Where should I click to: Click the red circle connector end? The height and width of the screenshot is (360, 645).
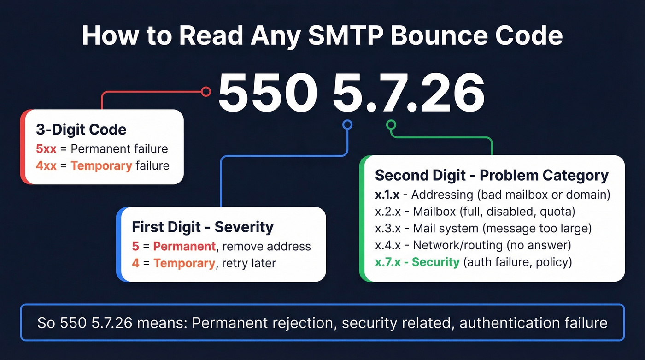206,91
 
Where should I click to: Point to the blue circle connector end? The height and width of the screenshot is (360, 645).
347,124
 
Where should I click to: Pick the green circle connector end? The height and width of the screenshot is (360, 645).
391,124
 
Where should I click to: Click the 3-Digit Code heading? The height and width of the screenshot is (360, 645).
81,130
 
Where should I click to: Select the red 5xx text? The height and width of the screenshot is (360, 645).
46,149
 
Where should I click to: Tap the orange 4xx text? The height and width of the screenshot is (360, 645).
46,165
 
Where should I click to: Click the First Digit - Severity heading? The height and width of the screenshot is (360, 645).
203,227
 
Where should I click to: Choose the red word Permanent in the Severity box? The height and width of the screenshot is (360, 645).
184,246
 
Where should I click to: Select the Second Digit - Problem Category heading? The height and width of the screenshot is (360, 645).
492,176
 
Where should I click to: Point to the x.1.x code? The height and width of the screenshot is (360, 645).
387,195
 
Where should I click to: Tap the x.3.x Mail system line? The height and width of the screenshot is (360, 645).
483,228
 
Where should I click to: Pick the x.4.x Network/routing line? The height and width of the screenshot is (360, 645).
473,245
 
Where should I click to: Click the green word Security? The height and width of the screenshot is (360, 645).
435,262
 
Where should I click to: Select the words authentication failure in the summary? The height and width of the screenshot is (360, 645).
534,323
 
